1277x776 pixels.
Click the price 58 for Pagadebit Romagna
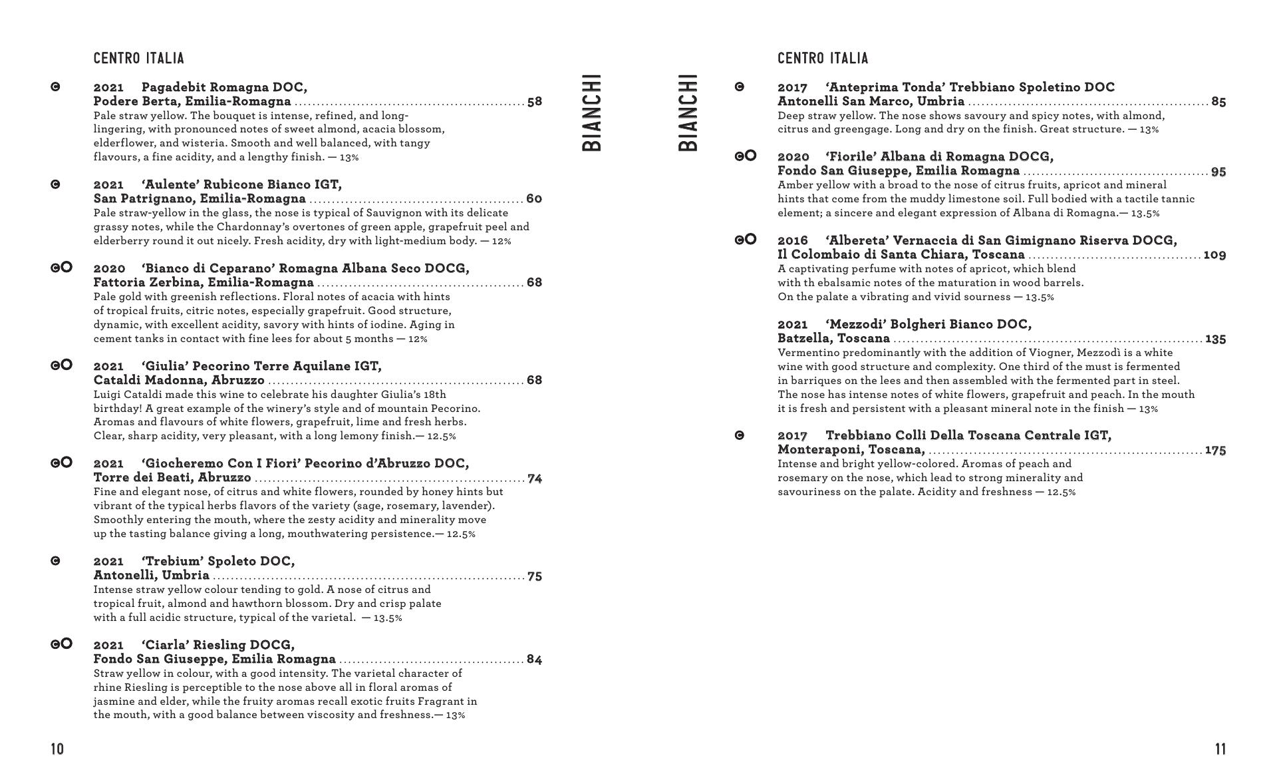[534, 102]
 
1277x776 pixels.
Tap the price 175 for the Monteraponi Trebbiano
[1215, 451]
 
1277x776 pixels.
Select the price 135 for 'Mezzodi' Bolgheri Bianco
[1215, 339]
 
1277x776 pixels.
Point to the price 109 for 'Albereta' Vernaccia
[1214, 255]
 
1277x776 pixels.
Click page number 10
[57, 749]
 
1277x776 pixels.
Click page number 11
[1220, 749]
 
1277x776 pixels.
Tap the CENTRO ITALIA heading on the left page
[138, 59]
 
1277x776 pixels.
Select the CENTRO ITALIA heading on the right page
[823, 59]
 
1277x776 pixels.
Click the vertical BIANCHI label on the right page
[688, 112]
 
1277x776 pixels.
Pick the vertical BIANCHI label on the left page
[591, 112]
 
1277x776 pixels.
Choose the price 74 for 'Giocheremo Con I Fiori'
[535, 479]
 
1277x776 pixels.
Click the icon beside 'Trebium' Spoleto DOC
[56, 561]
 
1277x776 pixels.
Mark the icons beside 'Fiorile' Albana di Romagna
[745, 156]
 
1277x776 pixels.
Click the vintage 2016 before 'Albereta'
[793, 240]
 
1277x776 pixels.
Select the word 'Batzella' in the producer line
[802, 338]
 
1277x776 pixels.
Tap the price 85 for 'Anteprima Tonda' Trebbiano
[1218, 102]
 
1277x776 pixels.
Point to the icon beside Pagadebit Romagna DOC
[56, 87]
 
